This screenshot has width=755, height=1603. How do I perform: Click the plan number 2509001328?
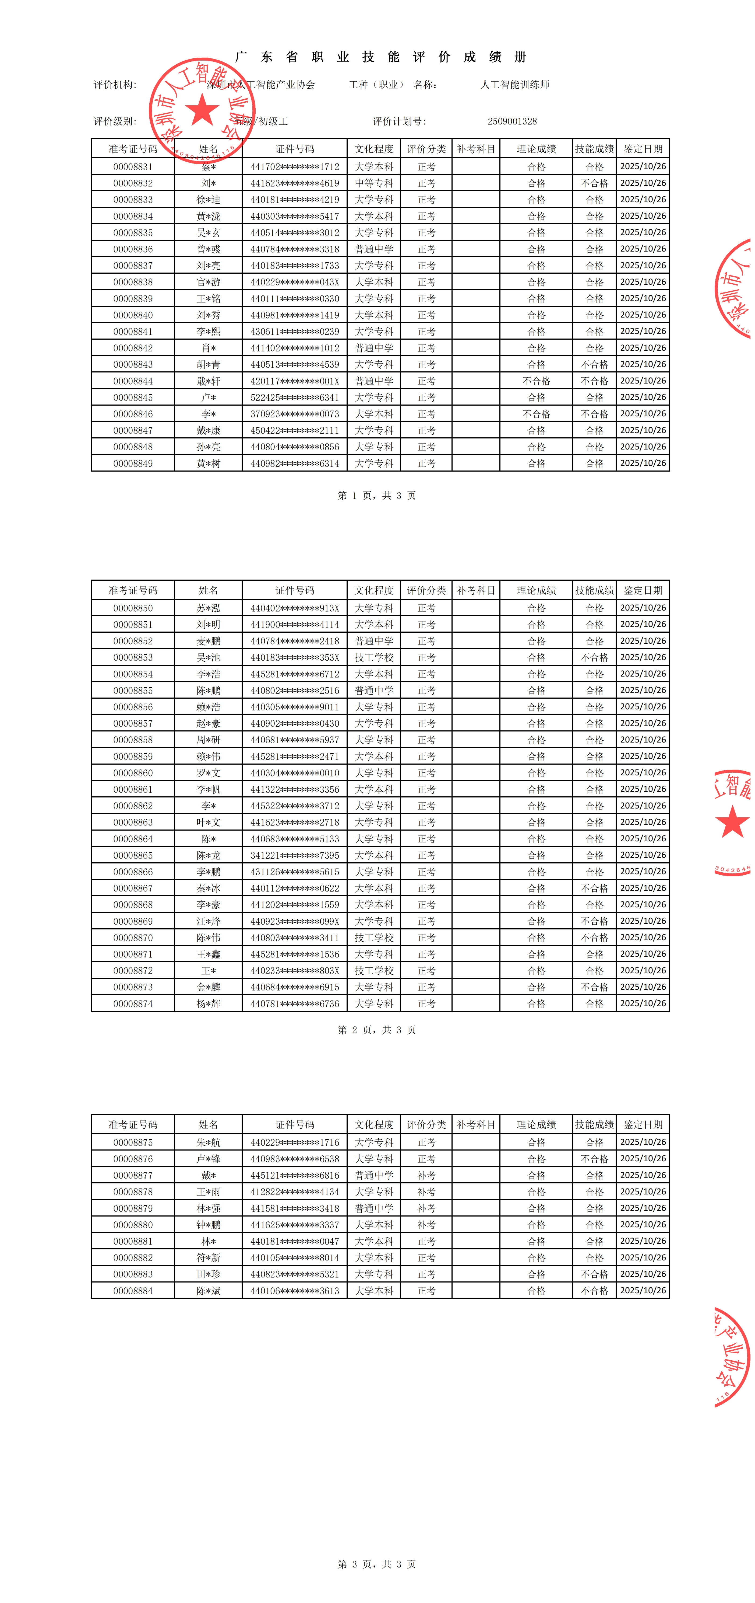(512, 121)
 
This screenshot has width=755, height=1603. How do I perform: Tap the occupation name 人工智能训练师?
(515, 85)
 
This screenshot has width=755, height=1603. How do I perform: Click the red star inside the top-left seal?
(202, 111)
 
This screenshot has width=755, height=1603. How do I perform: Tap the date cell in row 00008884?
(643, 1291)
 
